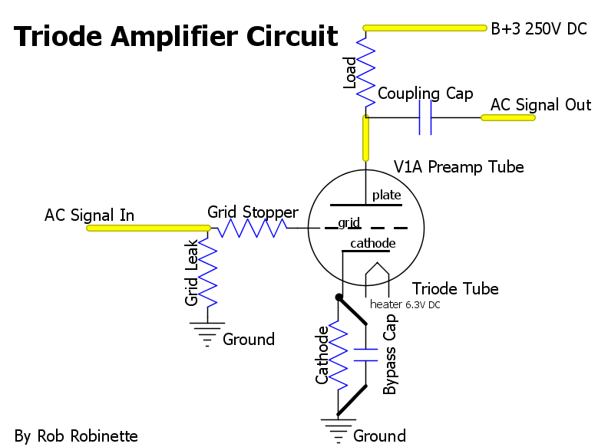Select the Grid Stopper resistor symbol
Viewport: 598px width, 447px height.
[252, 228]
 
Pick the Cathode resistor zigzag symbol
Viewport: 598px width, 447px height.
[338, 355]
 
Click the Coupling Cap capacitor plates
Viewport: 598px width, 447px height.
[425, 117]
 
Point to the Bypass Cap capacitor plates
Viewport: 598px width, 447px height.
[365, 355]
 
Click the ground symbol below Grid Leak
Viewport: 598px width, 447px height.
[207, 334]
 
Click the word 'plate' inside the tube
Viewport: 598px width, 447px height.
[386, 195]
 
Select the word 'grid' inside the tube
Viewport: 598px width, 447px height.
[349, 222]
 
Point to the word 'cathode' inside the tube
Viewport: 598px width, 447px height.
[372, 243]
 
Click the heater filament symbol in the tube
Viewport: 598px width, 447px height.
[377, 279]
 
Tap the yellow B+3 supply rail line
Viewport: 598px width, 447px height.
[425, 28]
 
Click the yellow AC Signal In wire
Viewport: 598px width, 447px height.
[148, 228]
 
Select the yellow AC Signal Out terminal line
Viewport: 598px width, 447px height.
[508, 118]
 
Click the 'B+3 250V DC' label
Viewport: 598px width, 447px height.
[539, 29]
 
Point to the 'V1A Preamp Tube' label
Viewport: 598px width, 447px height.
[459, 167]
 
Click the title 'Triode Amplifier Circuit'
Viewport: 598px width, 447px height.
[176, 36]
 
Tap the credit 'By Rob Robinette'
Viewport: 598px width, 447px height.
[76, 436]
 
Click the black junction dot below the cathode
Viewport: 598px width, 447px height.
[339, 297]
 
